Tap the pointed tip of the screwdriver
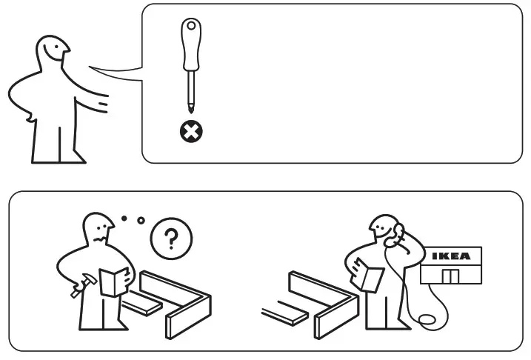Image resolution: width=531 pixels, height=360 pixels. point(191,113)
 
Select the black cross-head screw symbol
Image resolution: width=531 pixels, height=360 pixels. point(191,132)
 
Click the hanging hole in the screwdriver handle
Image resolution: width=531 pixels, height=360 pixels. point(191,27)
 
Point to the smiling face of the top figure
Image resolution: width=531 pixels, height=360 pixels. point(56,53)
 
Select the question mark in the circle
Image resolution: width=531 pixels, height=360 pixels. point(170,239)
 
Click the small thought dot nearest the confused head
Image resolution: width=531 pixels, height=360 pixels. point(124,219)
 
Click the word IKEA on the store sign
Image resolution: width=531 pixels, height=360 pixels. point(450,256)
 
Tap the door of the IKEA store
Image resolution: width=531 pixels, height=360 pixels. point(450,275)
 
